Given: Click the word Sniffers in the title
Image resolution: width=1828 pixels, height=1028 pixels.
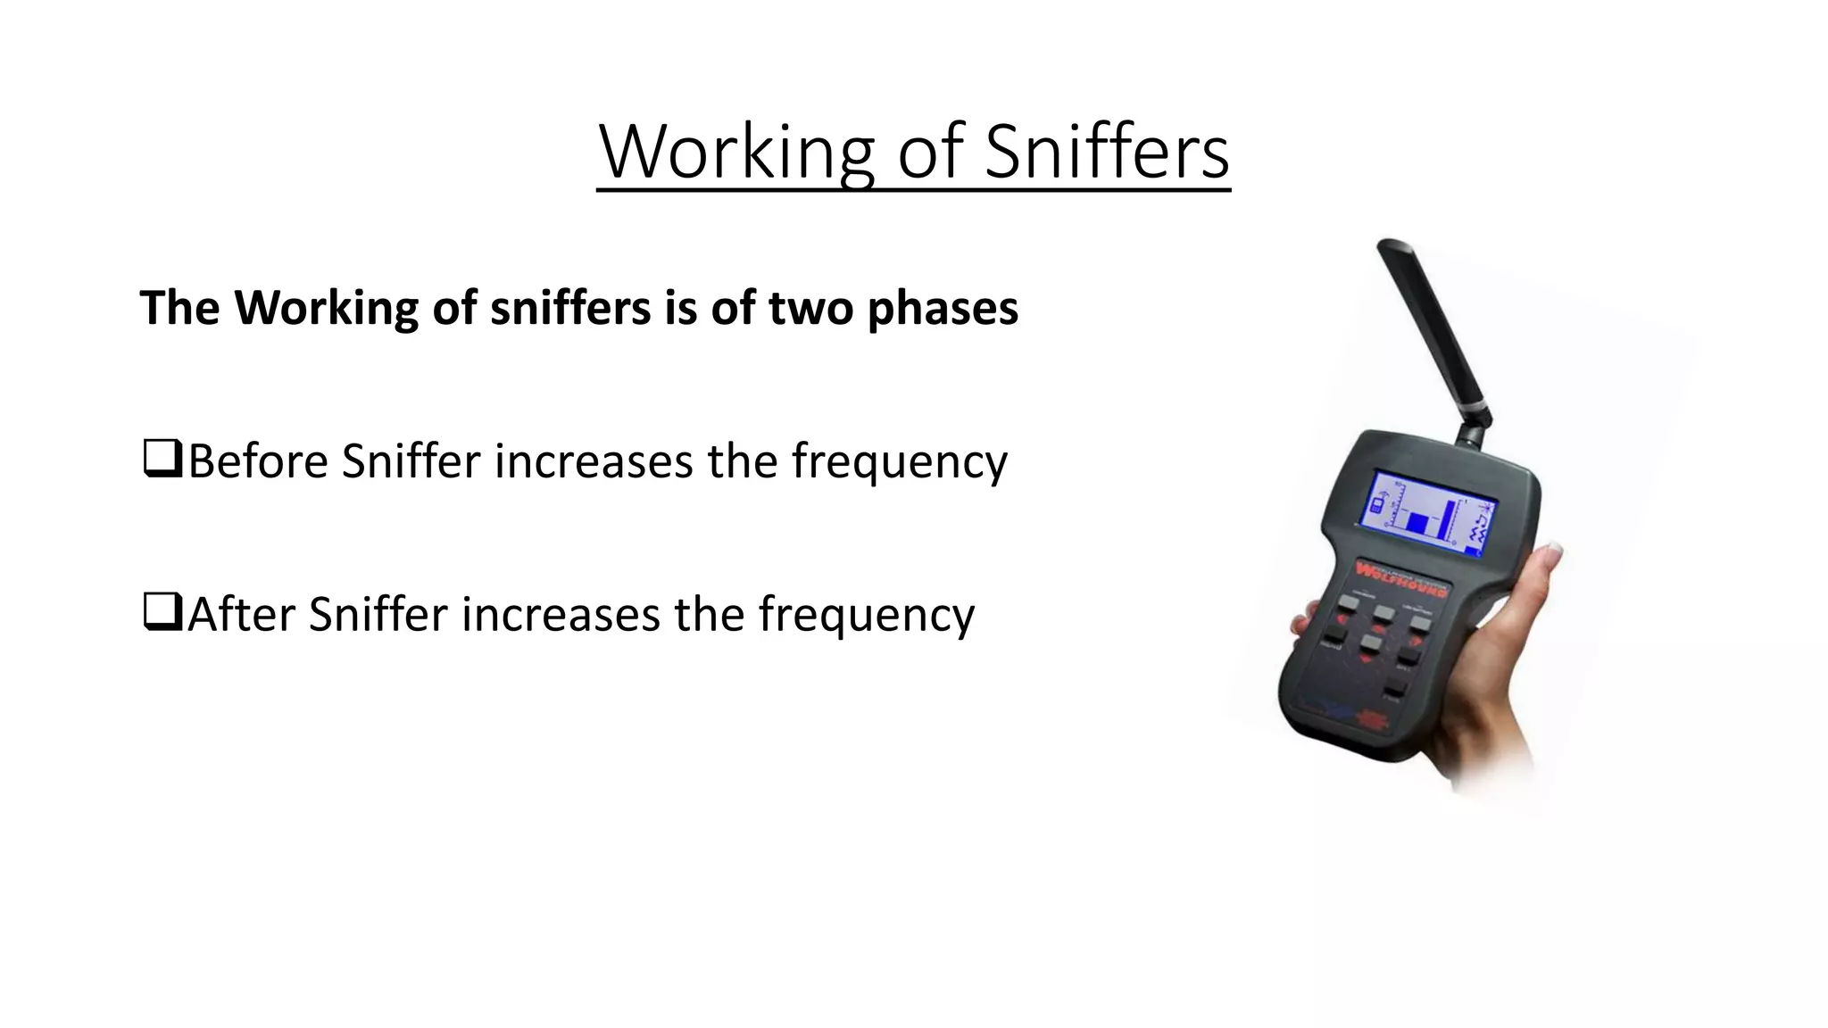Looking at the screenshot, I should click(1107, 152).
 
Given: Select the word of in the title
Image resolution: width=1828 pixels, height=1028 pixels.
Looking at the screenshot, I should click(931, 152).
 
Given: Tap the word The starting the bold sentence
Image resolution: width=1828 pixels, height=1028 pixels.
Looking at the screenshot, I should click(179, 309).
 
